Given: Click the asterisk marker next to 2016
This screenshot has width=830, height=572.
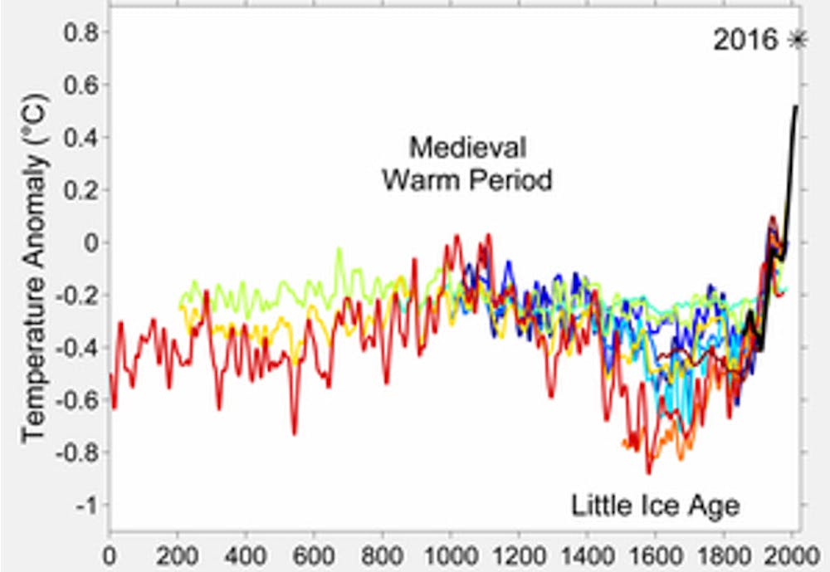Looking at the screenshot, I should pyautogui.click(x=798, y=39).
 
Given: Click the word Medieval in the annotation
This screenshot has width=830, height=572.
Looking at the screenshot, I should pyautogui.click(x=467, y=149).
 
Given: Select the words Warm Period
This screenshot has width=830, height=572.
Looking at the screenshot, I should pyautogui.click(x=467, y=180).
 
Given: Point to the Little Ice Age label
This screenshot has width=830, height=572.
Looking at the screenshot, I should pyautogui.click(x=655, y=505).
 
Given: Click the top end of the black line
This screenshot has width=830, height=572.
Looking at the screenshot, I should pyautogui.click(x=796, y=106).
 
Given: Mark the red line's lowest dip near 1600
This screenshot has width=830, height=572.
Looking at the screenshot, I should pyautogui.click(x=648, y=472).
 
